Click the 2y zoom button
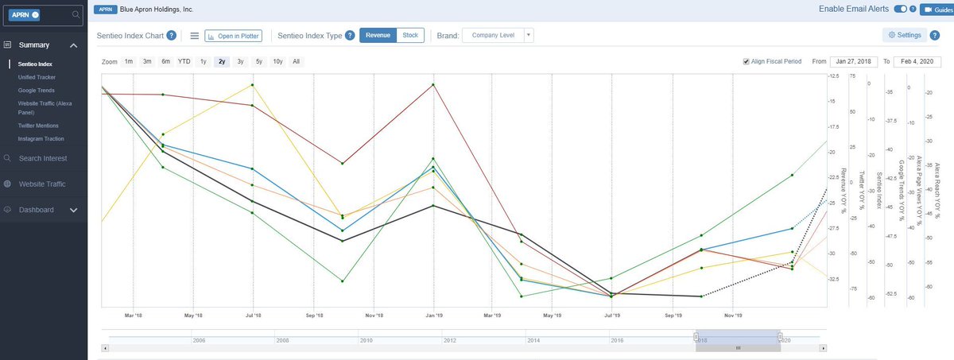point(222,61)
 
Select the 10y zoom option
point(277,61)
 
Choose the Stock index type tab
point(410,35)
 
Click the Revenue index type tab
point(378,35)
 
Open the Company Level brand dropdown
point(498,35)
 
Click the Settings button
point(905,35)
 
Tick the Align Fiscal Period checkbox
point(746,61)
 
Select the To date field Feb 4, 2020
point(917,61)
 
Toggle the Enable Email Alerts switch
point(901,10)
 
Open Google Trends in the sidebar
point(37,91)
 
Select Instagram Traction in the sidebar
point(41,139)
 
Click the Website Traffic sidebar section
point(42,184)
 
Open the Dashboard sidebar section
point(37,210)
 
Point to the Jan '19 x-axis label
point(433,315)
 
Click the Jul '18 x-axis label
point(253,315)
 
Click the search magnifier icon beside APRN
point(76,14)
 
